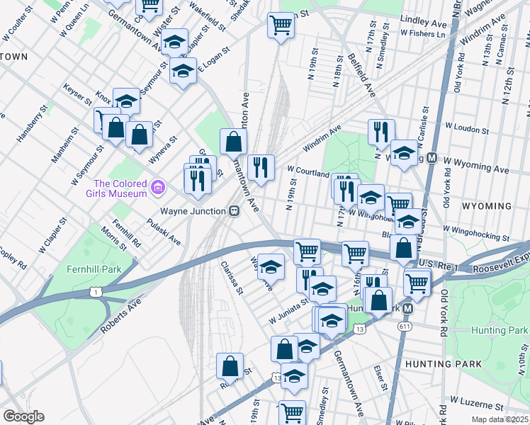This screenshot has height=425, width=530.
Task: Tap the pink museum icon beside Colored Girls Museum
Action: (159, 188)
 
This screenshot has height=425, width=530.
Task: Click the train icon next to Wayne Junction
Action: (232, 210)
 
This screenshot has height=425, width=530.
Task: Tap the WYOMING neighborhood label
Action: (486, 206)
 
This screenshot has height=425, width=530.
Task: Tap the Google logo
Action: (23, 416)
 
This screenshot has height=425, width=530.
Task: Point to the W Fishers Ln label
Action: (423, 33)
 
